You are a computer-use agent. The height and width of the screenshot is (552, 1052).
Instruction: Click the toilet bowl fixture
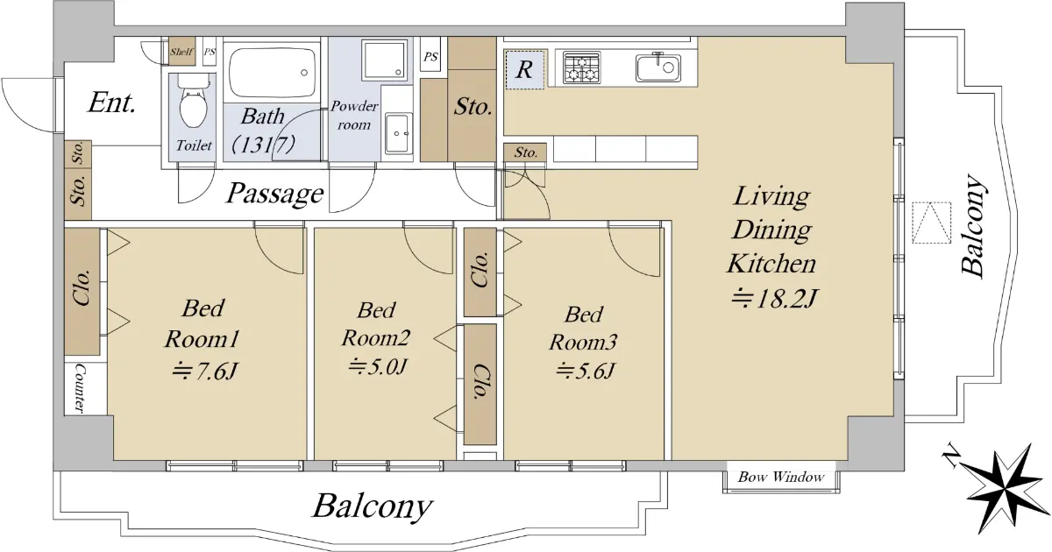[x=194, y=101]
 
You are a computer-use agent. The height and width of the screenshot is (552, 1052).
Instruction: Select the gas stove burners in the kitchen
[x=581, y=68]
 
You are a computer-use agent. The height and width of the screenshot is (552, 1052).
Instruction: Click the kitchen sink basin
[x=658, y=68]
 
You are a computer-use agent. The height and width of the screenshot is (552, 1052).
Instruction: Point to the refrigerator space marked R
[x=524, y=69]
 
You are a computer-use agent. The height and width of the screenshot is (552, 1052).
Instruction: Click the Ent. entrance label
[x=112, y=103]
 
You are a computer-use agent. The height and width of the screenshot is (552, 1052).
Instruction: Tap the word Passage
[x=275, y=194]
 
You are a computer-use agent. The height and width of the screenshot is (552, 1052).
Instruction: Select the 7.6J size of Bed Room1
[x=203, y=372]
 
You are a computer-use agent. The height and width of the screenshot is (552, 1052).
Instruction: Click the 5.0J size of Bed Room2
[x=377, y=366]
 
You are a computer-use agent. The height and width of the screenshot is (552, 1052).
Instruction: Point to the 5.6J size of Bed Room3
[x=585, y=372]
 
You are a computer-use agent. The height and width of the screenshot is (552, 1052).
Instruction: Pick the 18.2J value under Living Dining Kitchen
[x=775, y=299]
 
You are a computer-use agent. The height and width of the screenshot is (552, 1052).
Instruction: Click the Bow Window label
[x=780, y=478]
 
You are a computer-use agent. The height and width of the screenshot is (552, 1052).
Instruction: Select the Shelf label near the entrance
[x=181, y=52]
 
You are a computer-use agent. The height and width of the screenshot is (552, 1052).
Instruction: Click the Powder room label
[x=354, y=116]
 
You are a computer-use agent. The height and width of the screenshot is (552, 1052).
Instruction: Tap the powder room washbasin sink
[x=398, y=134]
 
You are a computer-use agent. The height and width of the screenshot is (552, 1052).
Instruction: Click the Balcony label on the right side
[x=972, y=225]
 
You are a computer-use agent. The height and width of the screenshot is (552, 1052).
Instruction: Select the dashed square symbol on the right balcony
[x=931, y=223]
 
